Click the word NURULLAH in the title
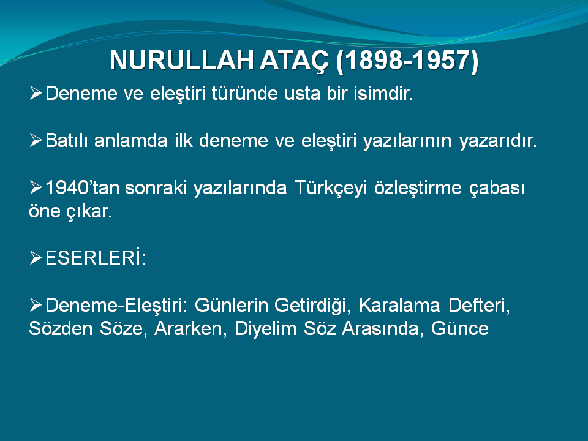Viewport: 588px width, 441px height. (x=181, y=60)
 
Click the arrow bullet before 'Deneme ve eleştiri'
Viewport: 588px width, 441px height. (x=36, y=93)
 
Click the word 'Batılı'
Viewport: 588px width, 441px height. (x=69, y=141)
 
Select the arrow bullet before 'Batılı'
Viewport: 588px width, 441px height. (x=36, y=140)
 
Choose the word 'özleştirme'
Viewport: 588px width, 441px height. (x=418, y=188)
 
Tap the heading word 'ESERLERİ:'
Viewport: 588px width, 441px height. (x=96, y=258)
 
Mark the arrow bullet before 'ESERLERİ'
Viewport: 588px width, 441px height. (x=36, y=258)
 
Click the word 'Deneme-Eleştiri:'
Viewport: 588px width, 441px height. (x=116, y=306)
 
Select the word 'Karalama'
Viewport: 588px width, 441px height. (x=399, y=305)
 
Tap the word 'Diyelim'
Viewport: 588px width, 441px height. (x=265, y=329)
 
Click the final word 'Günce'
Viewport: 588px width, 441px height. (x=460, y=329)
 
